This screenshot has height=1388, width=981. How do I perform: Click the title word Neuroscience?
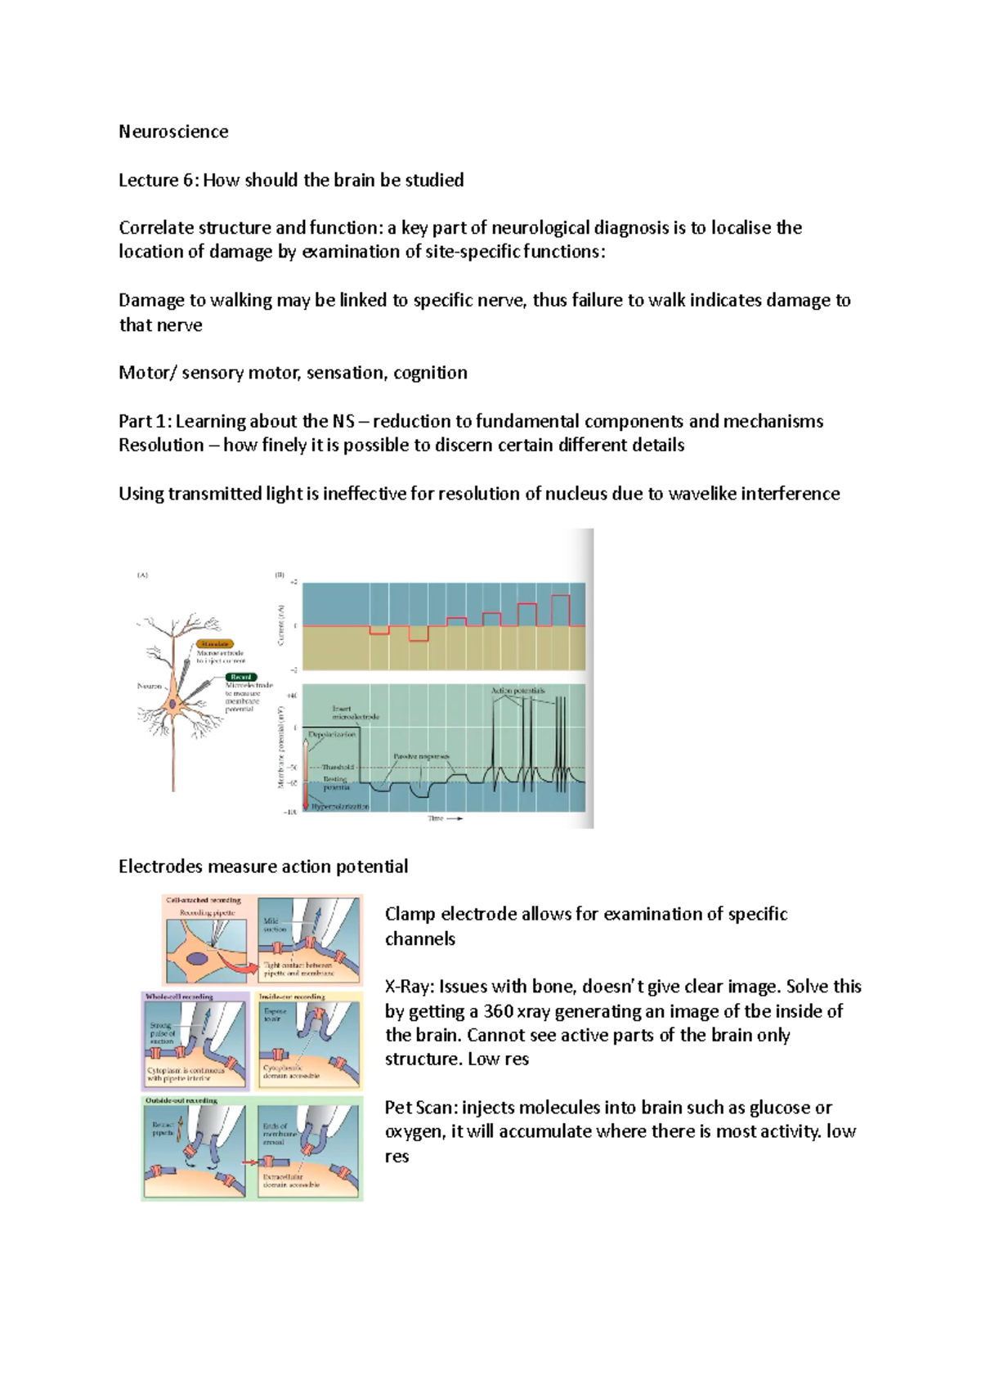[x=173, y=132]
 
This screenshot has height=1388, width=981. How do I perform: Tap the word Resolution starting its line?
[x=161, y=446]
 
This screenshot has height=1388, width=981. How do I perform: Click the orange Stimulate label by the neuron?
[x=215, y=644]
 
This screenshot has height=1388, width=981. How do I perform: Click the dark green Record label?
[x=241, y=677]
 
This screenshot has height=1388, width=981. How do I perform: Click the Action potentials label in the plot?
[x=517, y=691]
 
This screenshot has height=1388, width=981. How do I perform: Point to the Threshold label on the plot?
[x=338, y=768]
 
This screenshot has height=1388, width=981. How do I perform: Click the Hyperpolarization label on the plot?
[x=340, y=807]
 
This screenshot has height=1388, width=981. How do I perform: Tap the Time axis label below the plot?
[x=436, y=818]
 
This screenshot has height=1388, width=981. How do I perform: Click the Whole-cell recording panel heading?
[x=179, y=996]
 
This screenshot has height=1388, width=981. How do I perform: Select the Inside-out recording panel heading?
[x=292, y=996]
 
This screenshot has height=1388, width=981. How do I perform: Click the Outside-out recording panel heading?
[x=181, y=1101]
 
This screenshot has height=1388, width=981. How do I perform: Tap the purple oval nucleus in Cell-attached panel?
[x=197, y=959]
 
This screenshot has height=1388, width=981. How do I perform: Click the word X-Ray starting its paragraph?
[x=408, y=987]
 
